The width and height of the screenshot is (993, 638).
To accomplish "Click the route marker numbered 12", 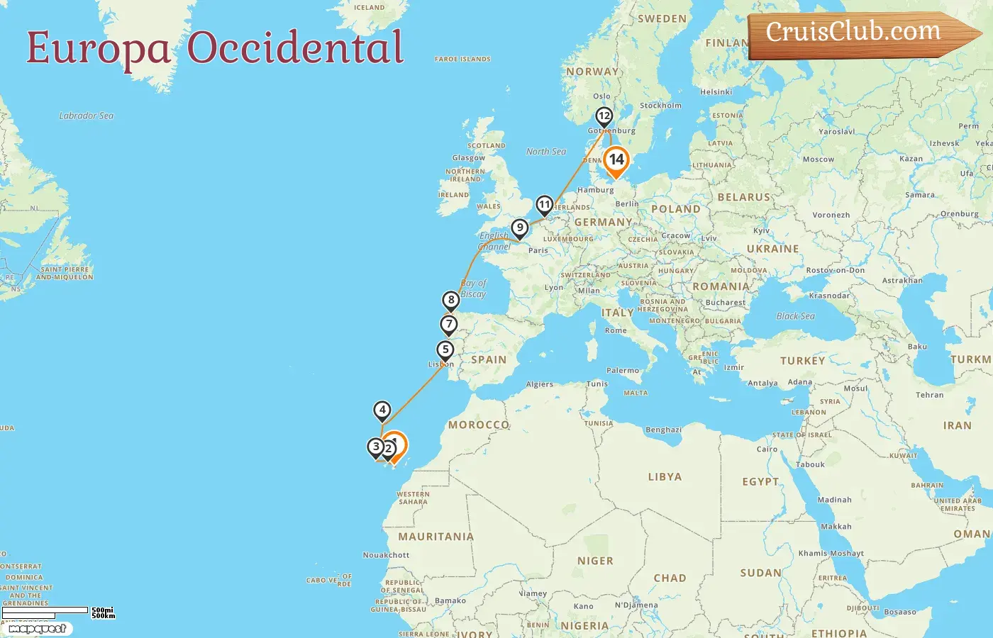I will (x=604, y=116).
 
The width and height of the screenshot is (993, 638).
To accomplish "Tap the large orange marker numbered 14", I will (x=616, y=160).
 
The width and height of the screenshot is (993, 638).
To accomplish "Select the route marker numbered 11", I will (x=544, y=206).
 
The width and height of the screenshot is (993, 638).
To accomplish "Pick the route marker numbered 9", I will (x=520, y=228).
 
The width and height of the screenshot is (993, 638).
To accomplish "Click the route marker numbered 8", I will (x=451, y=300).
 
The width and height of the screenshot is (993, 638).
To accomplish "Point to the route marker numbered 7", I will (x=448, y=325).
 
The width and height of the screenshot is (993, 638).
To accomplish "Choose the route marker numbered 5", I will (x=445, y=350).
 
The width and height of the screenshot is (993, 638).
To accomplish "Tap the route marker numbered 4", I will (x=382, y=410).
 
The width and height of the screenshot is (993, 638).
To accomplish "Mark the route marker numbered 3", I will (x=376, y=447).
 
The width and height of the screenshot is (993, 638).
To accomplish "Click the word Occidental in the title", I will (x=295, y=48).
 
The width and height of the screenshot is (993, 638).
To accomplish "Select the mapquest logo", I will (x=37, y=628).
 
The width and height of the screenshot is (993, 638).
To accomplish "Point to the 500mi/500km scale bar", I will (x=57, y=612).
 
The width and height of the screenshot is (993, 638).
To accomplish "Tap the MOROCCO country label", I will (x=479, y=425).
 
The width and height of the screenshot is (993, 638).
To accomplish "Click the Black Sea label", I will (x=795, y=316).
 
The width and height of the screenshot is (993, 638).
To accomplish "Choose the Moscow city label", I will (x=819, y=159).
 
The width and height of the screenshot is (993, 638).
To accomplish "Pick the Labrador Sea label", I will (x=87, y=116).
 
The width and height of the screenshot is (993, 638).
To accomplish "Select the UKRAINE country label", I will (x=772, y=249).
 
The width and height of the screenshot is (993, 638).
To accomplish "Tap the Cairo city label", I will (x=767, y=449).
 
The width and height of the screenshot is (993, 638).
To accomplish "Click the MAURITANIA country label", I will (x=436, y=537).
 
